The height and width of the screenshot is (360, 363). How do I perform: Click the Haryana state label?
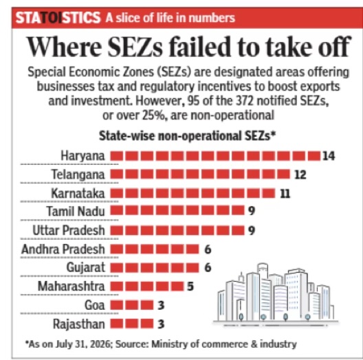(82, 156)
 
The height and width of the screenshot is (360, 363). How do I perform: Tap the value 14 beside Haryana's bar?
(329, 156)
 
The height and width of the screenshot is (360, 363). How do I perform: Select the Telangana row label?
(78, 175)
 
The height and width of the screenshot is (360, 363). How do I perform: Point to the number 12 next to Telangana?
(300, 175)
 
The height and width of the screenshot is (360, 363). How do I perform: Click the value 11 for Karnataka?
(285, 194)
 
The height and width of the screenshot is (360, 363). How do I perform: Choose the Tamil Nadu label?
(76, 212)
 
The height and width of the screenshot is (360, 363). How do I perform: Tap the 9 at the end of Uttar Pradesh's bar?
(252, 231)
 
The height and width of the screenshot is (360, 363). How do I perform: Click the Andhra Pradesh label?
(63, 249)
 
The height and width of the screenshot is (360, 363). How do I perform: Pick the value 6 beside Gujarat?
(208, 268)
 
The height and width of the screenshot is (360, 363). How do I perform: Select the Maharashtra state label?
(71, 286)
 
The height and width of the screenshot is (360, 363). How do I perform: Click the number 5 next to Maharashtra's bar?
(190, 286)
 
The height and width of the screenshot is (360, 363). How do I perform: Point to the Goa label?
(95, 305)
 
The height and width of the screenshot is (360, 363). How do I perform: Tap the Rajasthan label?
(79, 324)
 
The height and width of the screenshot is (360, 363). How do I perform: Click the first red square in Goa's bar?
(116, 305)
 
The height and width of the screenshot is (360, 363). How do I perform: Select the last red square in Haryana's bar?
(314, 156)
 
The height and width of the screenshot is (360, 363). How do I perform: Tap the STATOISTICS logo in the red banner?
(58, 18)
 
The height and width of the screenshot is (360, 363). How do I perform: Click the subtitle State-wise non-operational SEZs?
(188, 136)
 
